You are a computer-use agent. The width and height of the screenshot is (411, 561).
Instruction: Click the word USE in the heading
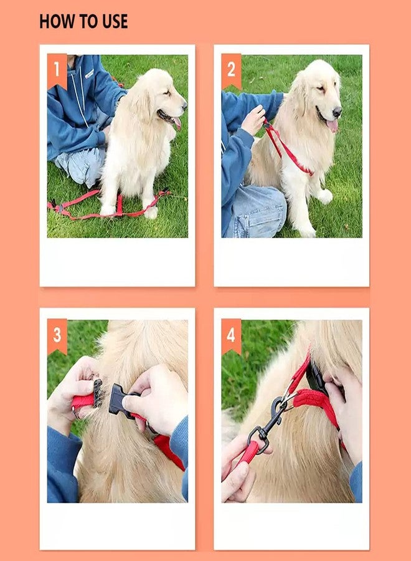115,21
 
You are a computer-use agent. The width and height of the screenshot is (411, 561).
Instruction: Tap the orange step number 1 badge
57,71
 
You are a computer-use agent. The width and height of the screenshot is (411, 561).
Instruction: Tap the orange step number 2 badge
231,71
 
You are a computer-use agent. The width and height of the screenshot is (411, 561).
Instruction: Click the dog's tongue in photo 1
177,123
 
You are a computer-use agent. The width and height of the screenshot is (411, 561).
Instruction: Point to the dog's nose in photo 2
337,112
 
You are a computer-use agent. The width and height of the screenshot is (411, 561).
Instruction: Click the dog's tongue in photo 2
332,125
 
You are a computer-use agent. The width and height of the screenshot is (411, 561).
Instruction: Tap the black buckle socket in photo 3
120,400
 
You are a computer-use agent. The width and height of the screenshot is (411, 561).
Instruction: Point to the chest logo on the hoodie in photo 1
89,74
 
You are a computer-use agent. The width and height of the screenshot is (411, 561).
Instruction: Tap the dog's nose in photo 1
184,105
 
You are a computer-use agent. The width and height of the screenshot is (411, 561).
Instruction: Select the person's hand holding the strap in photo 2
253,120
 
